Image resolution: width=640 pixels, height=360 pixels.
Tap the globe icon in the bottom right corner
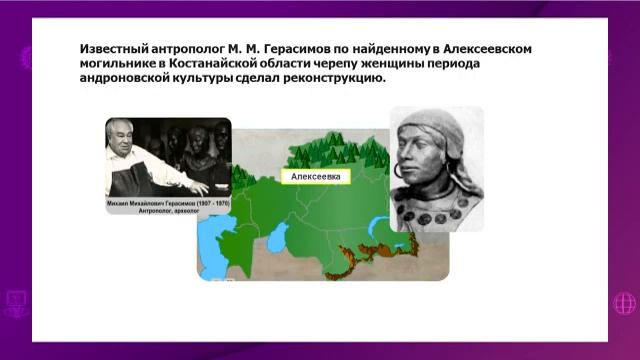click(x=626, y=302)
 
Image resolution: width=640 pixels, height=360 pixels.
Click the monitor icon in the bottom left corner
click(x=14, y=302)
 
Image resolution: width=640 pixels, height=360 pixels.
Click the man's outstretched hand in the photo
click(x=199, y=187)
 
